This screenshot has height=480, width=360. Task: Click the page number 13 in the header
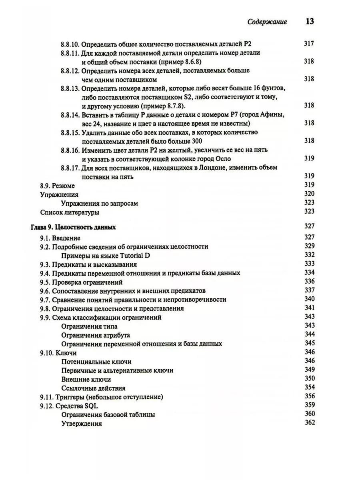(309, 22)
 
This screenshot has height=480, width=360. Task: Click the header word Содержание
(267, 22)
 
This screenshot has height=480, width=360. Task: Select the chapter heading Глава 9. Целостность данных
(73, 227)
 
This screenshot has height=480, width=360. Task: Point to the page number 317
(309, 44)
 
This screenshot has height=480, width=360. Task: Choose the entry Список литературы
(70, 212)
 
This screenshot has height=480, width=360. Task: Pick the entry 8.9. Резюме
(57, 186)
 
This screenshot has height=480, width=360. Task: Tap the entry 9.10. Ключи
(58, 353)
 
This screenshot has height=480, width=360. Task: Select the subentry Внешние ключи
(86, 379)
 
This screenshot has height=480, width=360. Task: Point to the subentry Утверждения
(82, 423)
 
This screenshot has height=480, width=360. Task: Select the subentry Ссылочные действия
(94, 388)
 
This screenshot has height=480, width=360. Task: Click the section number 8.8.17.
(70, 168)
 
